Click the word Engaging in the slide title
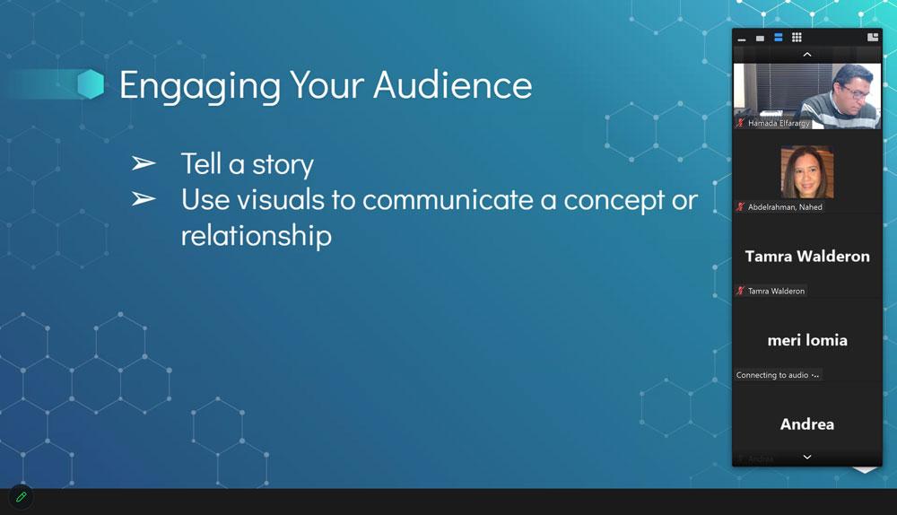tap(200, 86)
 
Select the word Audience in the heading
tap(453, 84)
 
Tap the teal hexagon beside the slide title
tap(91, 84)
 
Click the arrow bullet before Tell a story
tap(143, 163)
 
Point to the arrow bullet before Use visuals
tap(143, 199)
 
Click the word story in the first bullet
tap(283, 165)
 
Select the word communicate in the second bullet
tap(448, 200)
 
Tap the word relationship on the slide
tap(257, 236)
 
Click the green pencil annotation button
tap(22, 497)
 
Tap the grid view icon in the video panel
tap(797, 38)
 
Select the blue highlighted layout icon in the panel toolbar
tap(778, 38)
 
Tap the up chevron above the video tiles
tap(807, 55)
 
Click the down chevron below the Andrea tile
tap(807, 458)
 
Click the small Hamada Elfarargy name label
tap(779, 123)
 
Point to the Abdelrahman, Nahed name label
tap(785, 207)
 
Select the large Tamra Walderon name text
tap(807, 257)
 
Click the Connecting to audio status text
tap(772, 375)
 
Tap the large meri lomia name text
tap(807, 340)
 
